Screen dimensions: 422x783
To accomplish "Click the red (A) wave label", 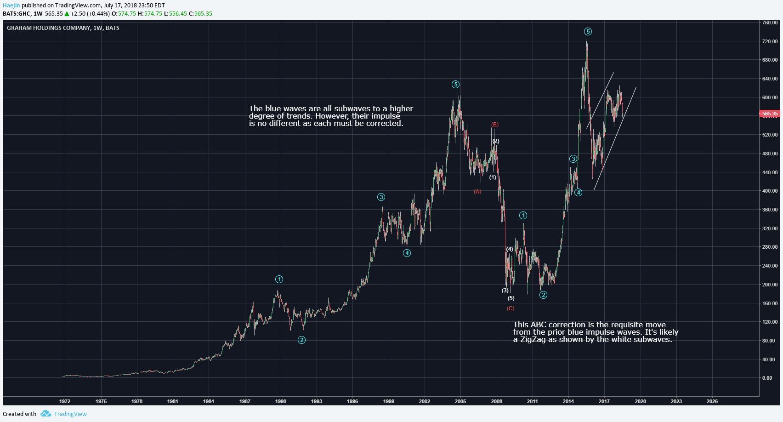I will [x=477, y=192].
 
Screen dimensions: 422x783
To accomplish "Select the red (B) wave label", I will [x=495, y=125].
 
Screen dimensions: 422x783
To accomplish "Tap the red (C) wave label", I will [x=511, y=308].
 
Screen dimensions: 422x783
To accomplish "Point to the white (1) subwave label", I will [x=493, y=177].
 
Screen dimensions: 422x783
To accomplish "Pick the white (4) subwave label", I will [x=510, y=249].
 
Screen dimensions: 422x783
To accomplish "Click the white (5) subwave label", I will [x=511, y=298].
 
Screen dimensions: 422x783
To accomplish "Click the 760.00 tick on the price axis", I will [x=770, y=23].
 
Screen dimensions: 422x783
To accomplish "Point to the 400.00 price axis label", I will [x=770, y=191].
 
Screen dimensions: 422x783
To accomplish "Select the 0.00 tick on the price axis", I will [x=767, y=378].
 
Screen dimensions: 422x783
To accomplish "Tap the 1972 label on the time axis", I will [x=65, y=401].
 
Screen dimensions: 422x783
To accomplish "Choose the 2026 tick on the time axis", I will [x=712, y=401].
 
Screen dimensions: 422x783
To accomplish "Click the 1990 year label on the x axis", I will [x=281, y=401].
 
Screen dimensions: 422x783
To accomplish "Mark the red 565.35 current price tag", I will [x=770, y=114].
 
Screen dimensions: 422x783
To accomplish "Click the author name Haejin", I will [x=11, y=6].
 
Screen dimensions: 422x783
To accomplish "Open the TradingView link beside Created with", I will [x=70, y=414].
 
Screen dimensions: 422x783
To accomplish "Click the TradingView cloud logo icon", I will [x=45, y=414].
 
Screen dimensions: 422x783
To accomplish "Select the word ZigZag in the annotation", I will [x=533, y=340].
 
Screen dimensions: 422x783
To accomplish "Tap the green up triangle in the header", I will [x=67, y=14].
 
